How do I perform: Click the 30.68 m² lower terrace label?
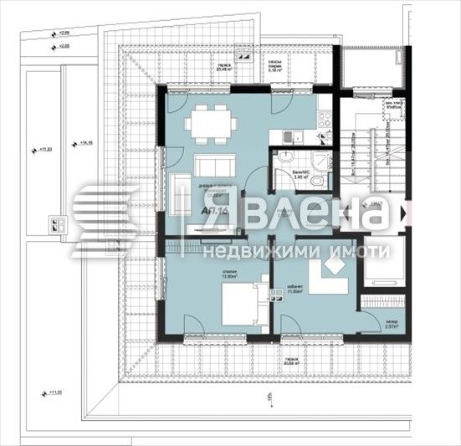click(x=291, y=362)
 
